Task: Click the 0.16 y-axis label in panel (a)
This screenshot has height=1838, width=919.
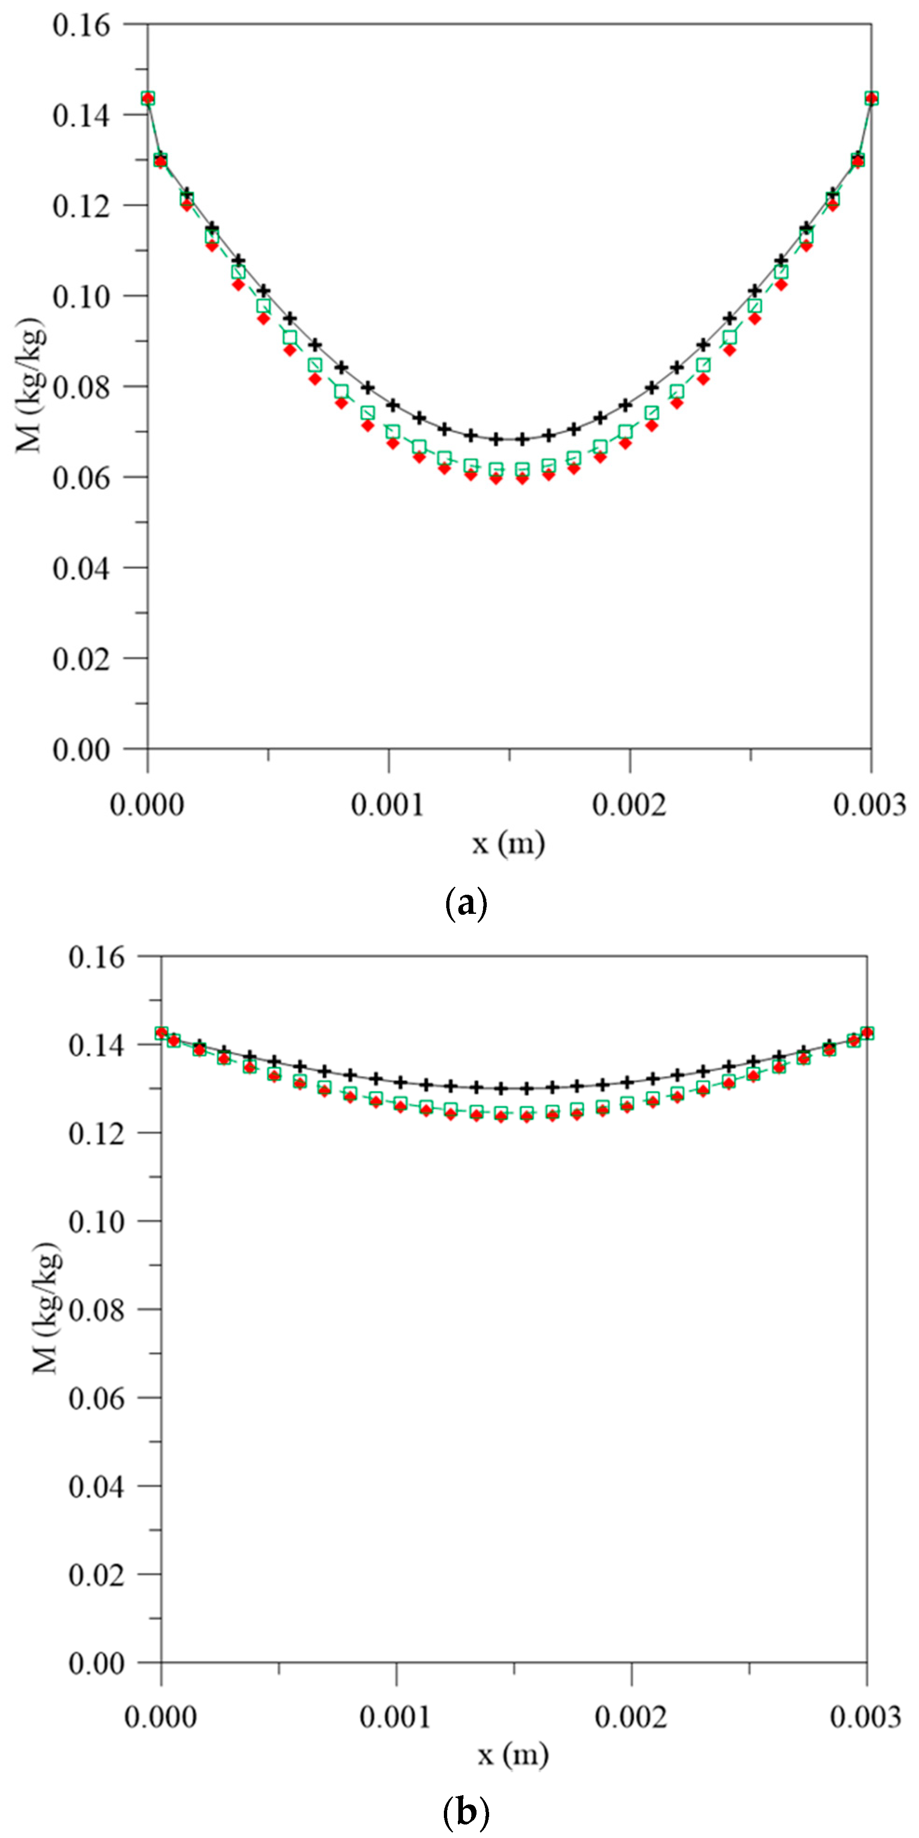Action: (x=81, y=25)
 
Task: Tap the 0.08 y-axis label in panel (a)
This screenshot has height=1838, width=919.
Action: (x=81, y=387)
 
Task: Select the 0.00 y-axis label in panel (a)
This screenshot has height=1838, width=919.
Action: (x=81, y=749)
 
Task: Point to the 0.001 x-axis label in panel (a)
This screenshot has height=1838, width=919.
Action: (x=388, y=805)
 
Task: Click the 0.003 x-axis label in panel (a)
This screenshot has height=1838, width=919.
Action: (x=870, y=805)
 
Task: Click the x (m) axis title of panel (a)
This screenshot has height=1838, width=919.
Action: (x=509, y=843)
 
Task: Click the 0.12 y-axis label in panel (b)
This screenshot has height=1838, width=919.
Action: (x=97, y=1133)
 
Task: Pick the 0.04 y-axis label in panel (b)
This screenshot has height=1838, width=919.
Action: (x=97, y=1487)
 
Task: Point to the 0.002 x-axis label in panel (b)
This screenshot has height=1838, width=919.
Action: (x=631, y=1717)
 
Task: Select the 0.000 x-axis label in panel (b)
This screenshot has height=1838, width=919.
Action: (x=160, y=1717)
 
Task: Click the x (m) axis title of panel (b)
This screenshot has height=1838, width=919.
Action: (x=513, y=1755)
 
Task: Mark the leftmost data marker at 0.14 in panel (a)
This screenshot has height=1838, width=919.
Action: (x=148, y=98)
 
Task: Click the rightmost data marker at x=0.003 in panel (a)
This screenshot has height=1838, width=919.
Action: (x=871, y=98)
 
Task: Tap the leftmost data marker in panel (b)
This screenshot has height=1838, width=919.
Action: (x=161, y=1033)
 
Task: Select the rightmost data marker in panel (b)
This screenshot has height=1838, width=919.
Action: (x=867, y=1033)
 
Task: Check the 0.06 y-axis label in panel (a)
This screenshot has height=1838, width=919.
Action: (x=81, y=477)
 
